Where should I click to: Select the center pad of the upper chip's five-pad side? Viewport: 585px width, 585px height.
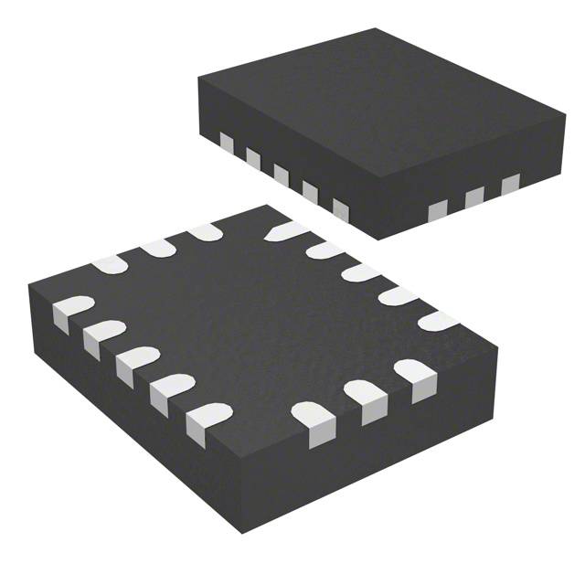[x=282, y=173]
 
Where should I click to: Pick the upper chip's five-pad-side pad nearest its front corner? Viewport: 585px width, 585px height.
[x=341, y=209]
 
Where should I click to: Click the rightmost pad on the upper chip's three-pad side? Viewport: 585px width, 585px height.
[x=509, y=185]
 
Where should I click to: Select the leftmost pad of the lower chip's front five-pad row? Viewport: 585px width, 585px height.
[x=71, y=312]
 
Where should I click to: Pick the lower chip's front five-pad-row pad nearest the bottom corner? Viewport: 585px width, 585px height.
[x=206, y=421]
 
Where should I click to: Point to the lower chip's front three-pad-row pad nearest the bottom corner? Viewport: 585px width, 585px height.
[x=314, y=421]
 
